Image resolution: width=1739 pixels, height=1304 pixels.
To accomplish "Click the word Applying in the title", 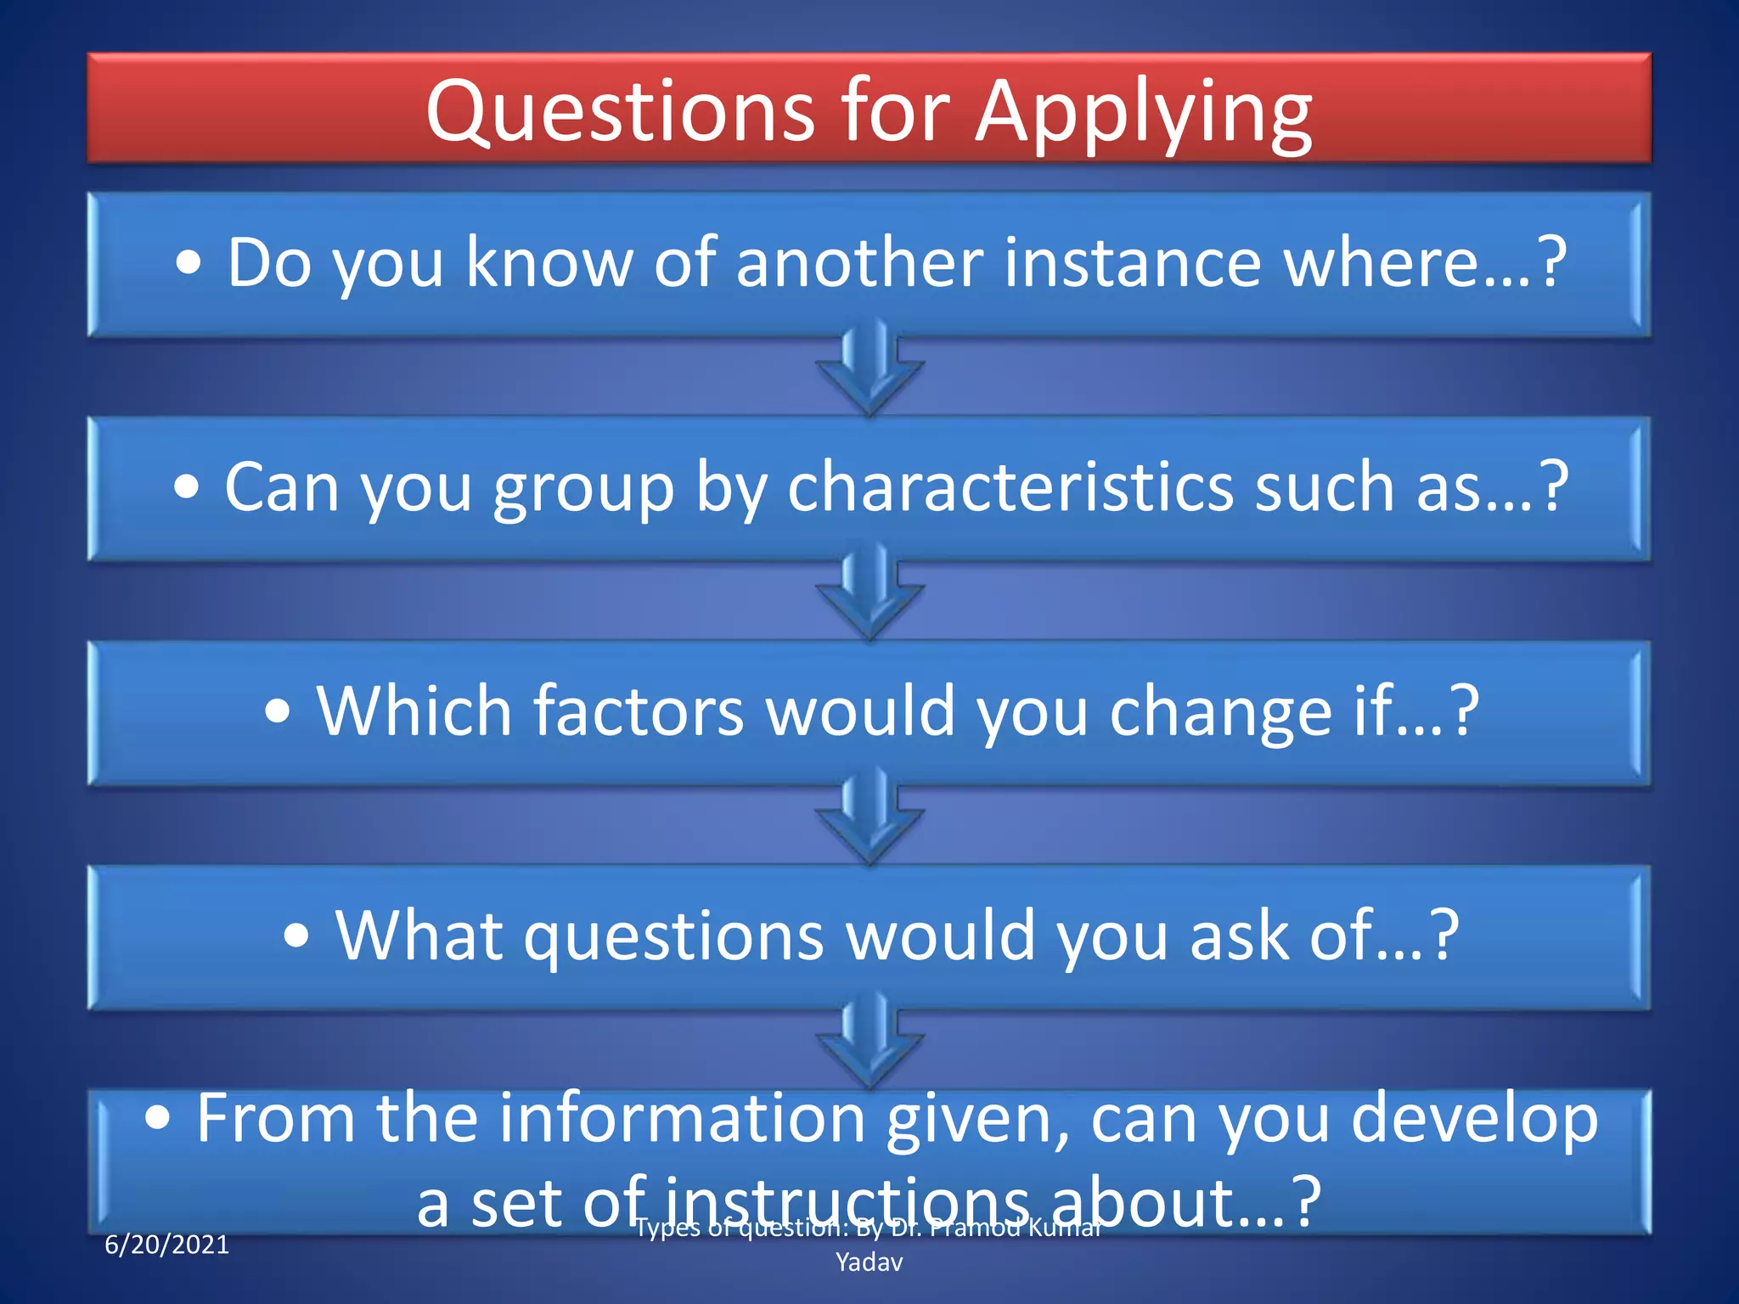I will point(1143,113).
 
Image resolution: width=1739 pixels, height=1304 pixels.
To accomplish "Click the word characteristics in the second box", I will point(1010,486).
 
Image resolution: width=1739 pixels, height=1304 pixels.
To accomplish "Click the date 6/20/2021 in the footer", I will point(166,1245).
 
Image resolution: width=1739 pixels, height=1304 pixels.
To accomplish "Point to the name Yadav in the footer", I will point(869,1262).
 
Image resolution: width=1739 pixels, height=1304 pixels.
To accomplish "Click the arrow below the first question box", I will point(869,369).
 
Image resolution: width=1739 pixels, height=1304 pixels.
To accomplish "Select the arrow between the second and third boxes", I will point(869,593).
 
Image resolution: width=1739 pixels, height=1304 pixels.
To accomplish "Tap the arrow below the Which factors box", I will point(869,818).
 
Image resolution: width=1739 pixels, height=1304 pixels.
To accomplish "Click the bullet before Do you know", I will point(189,263).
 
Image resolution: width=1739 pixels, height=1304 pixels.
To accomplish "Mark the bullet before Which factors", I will point(278,711).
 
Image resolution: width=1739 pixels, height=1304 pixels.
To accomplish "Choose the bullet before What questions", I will point(296,936).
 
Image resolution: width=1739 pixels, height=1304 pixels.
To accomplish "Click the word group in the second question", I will point(583,488).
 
